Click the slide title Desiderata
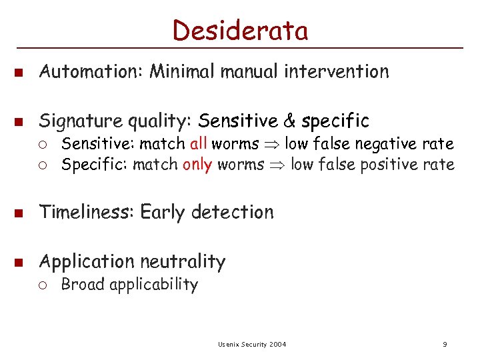[240, 30]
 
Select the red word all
[199, 143]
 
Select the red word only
[197, 164]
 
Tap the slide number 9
[444, 344]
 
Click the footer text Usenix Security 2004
[252, 344]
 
